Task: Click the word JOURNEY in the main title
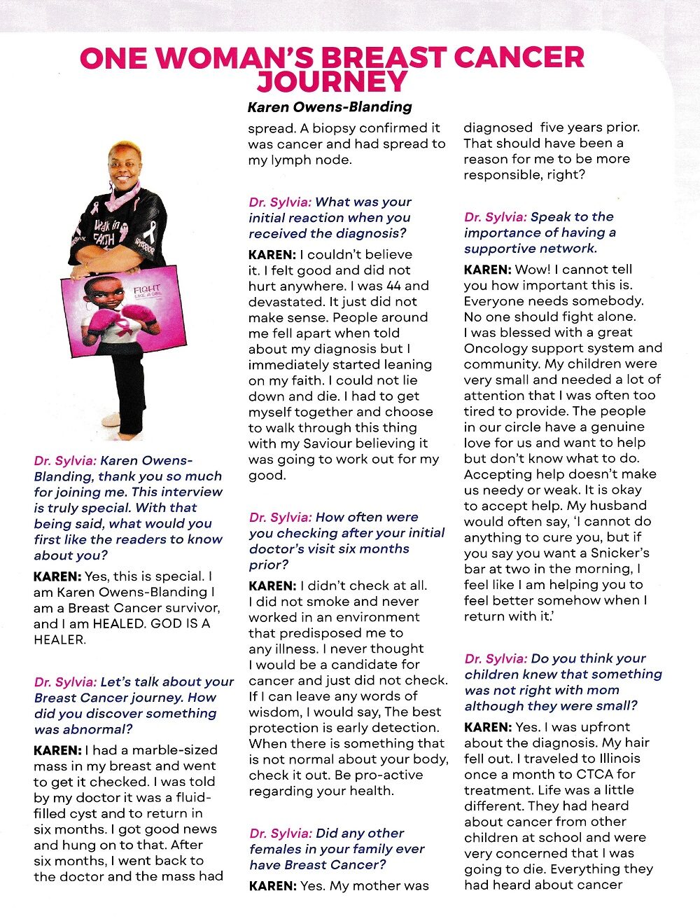[332, 82]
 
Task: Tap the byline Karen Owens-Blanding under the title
[330, 107]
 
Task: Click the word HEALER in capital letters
[59, 640]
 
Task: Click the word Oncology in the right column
[493, 348]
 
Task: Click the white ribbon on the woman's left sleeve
[149, 232]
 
